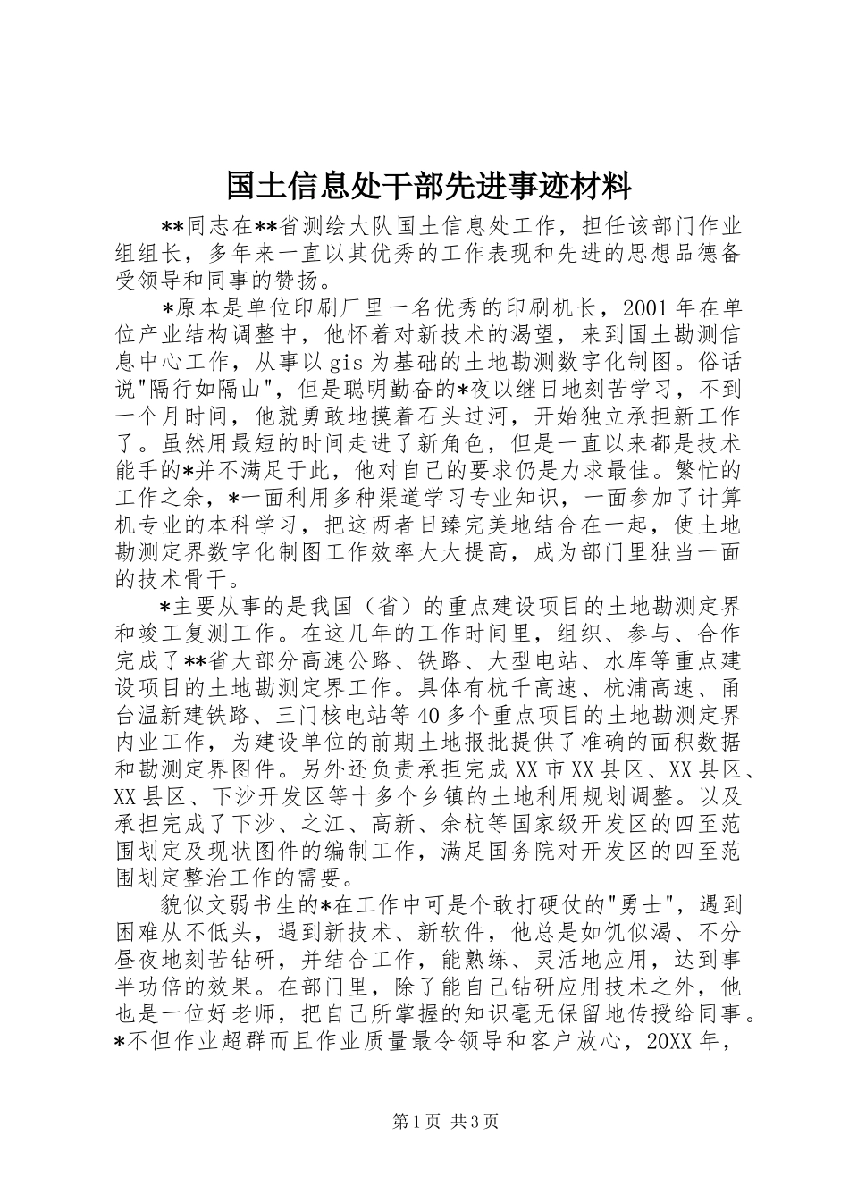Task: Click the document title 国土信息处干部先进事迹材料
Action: pyautogui.click(x=428, y=186)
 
